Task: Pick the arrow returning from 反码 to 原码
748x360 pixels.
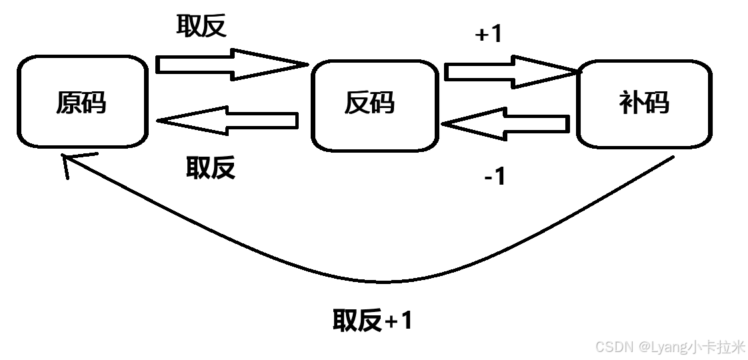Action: point(227,121)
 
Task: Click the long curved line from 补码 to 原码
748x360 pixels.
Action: point(373,280)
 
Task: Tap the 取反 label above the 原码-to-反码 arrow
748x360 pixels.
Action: point(201,26)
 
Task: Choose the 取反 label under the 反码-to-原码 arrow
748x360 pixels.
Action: point(211,167)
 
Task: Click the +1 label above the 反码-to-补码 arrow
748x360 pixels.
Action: point(488,35)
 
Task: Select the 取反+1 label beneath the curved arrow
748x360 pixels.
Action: point(373,321)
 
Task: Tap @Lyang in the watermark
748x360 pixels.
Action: point(663,347)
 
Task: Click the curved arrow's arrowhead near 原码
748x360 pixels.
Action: point(66,163)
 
